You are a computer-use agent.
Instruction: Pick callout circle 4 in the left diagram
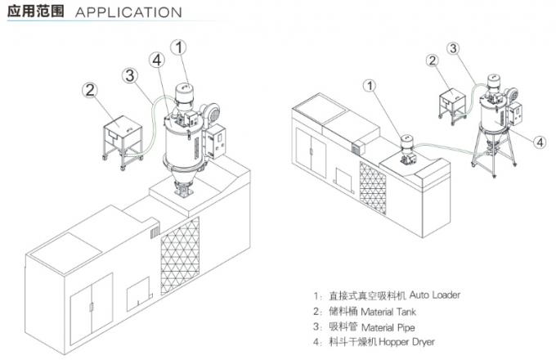click(157, 60)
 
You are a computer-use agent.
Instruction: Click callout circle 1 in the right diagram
click(372, 84)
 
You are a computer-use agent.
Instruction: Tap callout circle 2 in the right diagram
click(433, 60)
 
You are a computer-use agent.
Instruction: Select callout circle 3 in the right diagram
click(451, 47)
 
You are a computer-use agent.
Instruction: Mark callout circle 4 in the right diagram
click(540, 141)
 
